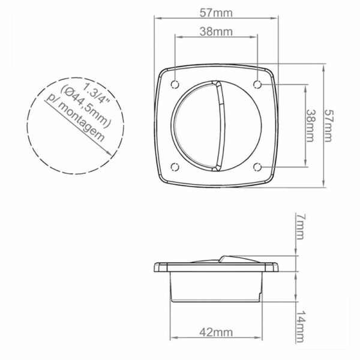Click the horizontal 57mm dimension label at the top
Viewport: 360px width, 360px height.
click(x=216, y=13)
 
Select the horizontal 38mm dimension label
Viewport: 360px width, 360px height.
click(x=216, y=32)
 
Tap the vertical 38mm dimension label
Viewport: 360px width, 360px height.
click(x=310, y=126)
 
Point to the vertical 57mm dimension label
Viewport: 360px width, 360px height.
click(x=328, y=126)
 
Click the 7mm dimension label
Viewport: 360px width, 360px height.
click(x=301, y=227)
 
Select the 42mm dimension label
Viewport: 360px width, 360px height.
click(x=216, y=332)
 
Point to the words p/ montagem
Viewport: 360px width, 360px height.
click(x=76, y=118)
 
